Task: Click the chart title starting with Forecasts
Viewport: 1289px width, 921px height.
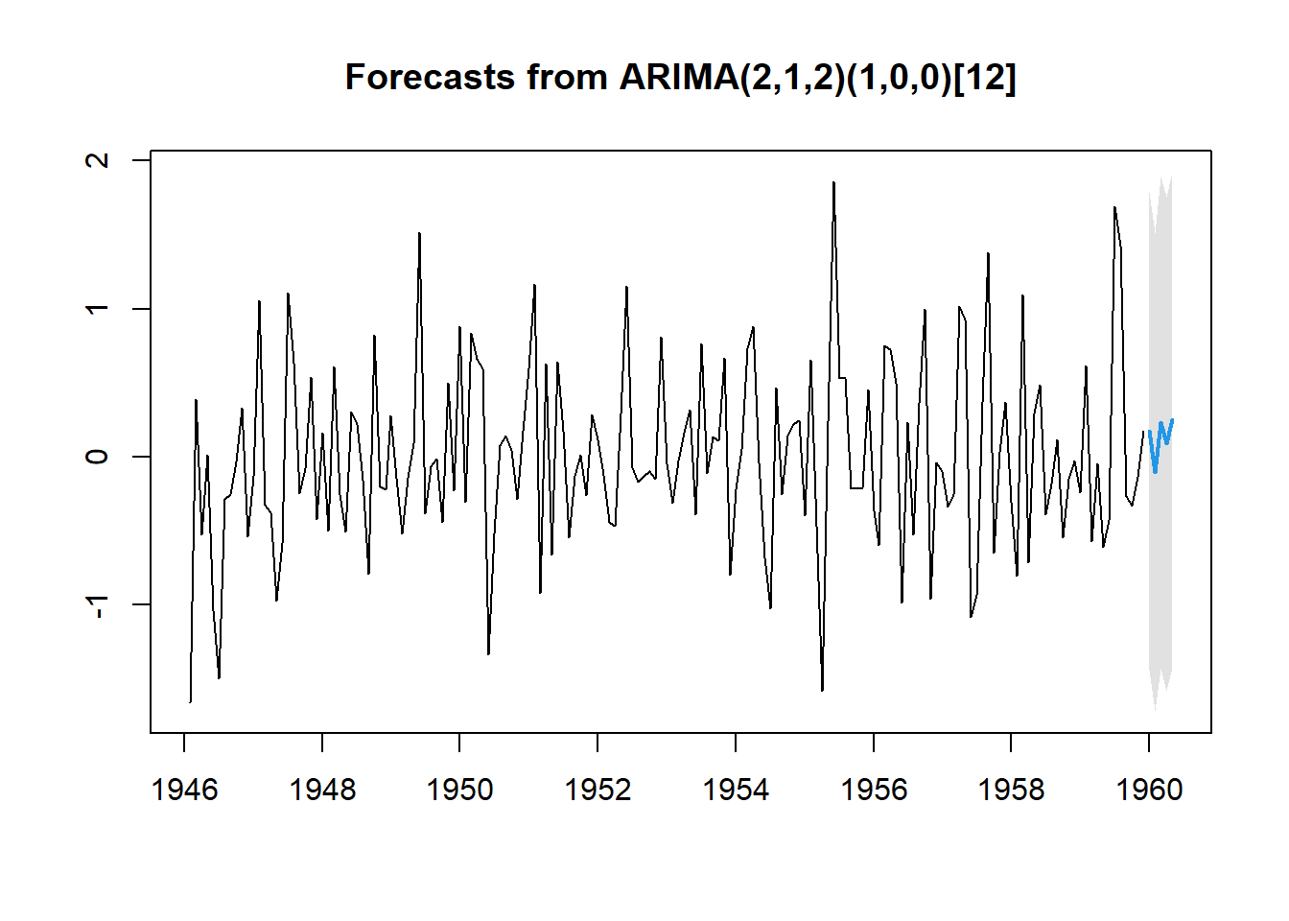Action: coord(680,77)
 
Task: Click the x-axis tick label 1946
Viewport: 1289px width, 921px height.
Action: coord(184,790)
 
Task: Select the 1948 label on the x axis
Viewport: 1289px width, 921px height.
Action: coord(322,790)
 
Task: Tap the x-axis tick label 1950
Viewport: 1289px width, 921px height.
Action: coord(459,790)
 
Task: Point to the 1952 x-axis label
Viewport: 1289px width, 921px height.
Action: coord(598,790)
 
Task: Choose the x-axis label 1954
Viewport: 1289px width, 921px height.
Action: coord(736,790)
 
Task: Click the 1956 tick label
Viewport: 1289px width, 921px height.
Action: coord(873,790)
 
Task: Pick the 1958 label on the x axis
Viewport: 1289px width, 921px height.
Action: coord(1011,790)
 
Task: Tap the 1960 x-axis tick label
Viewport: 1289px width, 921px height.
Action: coord(1149,790)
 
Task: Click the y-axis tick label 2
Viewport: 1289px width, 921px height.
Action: coord(97,160)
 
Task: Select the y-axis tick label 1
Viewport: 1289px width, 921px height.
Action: coord(97,309)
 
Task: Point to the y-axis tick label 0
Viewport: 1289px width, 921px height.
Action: coord(97,457)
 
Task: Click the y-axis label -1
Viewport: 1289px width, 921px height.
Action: coord(97,606)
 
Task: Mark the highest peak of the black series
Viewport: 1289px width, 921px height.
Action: coord(833,182)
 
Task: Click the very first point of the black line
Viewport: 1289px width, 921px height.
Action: coord(190,701)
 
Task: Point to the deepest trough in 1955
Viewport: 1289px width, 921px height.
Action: coord(822,690)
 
